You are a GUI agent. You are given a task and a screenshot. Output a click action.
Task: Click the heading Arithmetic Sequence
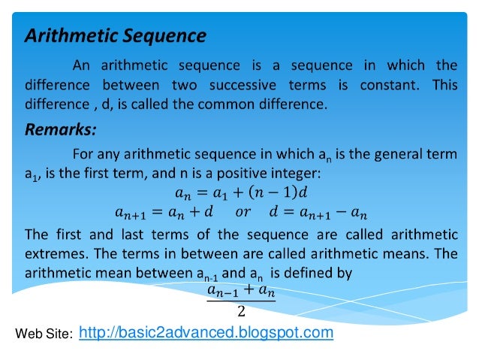click(x=116, y=35)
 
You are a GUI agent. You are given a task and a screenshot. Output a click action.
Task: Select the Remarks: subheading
click(x=60, y=130)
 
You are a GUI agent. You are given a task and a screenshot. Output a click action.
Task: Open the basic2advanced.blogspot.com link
click(x=206, y=331)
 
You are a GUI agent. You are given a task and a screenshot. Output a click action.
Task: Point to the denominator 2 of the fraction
click(x=241, y=312)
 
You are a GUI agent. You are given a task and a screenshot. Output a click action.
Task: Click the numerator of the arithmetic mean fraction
click(x=240, y=289)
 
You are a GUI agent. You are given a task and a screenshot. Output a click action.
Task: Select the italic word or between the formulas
click(x=243, y=211)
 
